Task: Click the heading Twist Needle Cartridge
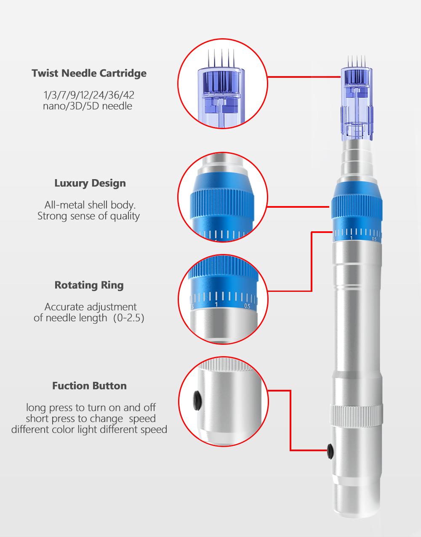pyautogui.click(x=89, y=73)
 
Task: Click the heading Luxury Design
pyautogui.click(x=90, y=183)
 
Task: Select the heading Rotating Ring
pyautogui.click(x=89, y=285)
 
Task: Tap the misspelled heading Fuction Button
pyautogui.click(x=89, y=386)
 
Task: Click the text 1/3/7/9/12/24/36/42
pyautogui.click(x=89, y=95)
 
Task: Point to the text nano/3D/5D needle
pyautogui.click(x=88, y=106)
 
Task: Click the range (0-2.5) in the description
pyautogui.click(x=128, y=318)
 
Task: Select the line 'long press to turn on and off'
pyautogui.click(x=91, y=407)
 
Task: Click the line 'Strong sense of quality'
pyautogui.click(x=88, y=216)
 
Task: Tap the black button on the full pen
pyautogui.click(x=330, y=451)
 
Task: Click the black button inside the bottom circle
pyautogui.click(x=196, y=400)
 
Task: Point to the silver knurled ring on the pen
pyautogui.click(x=356, y=414)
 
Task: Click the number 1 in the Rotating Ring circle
pyautogui.click(x=216, y=304)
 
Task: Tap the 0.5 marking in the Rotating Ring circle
pyautogui.click(x=247, y=306)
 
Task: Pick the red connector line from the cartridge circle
pyautogui.click(x=304, y=77)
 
